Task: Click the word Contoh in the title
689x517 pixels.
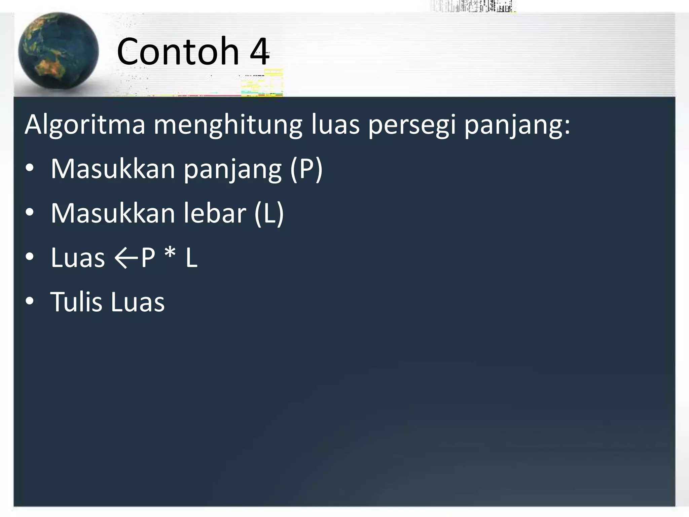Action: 178,51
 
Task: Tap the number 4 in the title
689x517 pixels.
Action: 259,52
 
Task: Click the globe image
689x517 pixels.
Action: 58,51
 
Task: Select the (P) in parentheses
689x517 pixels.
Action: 306,169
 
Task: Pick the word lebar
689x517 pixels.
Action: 215,213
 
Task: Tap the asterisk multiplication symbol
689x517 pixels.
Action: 170,255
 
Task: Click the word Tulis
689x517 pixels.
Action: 76,302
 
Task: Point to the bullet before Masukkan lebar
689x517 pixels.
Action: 30,213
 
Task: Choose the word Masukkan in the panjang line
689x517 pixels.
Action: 113,169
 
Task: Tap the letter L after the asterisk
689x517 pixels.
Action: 191,258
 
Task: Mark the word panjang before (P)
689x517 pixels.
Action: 232,170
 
